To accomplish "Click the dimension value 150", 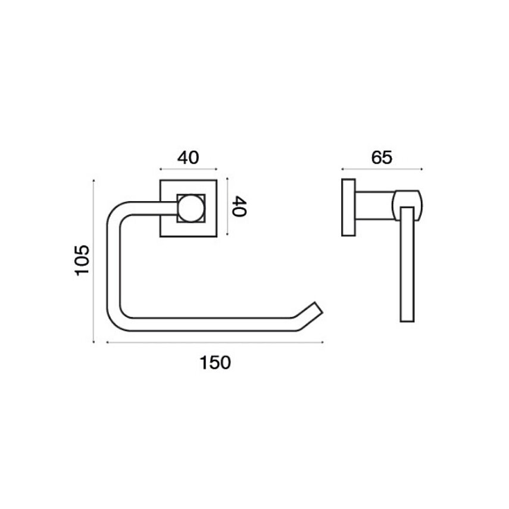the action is tap(215, 363).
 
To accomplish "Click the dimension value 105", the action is tap(82, 261).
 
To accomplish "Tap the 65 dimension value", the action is tap(382, 157).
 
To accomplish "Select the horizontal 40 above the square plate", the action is tap(188, 157).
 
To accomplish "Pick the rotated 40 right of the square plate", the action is tap(239, 206).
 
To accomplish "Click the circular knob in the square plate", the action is tap(191, 208).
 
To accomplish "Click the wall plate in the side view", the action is tap(348, 207).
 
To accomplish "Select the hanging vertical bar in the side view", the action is tap(407, 264).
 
